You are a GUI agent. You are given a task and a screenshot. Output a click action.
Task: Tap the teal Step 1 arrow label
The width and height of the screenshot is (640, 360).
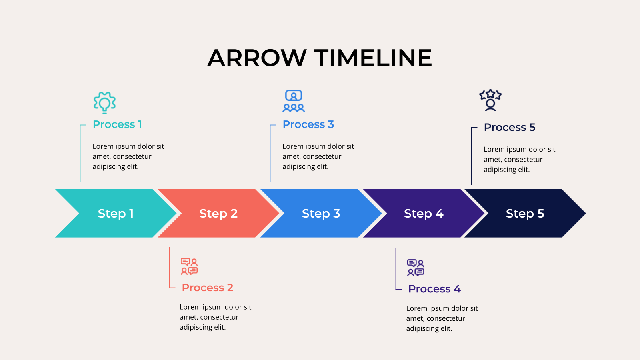116,214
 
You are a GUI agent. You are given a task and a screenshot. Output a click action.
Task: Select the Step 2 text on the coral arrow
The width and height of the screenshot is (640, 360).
218,214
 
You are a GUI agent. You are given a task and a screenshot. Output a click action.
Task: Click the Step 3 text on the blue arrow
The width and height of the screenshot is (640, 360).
321,214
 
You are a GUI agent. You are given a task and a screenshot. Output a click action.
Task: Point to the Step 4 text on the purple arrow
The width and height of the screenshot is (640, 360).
424,214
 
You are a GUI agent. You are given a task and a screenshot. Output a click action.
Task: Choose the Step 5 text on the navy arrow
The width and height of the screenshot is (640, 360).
525,214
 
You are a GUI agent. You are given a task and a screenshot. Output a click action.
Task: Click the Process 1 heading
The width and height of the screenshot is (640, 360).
117,124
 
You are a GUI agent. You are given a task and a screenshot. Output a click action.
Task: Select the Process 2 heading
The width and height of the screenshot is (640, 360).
208,288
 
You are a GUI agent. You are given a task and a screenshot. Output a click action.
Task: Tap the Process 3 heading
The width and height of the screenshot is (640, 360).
308,124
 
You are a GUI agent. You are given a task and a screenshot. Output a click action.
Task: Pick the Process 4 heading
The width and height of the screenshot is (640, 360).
434,289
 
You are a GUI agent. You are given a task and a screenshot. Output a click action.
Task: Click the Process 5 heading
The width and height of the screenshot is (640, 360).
510,127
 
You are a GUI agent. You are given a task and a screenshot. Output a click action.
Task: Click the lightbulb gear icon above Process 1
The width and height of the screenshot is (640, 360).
104,103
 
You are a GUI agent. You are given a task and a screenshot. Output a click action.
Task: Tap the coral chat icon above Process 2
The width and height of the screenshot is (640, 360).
189,266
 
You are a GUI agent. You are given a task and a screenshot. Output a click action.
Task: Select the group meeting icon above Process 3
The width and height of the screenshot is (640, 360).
294,101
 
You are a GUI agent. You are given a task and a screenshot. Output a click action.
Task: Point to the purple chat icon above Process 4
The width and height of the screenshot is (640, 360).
416,268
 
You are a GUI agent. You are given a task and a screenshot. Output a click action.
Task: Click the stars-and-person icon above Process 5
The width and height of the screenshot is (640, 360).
490,100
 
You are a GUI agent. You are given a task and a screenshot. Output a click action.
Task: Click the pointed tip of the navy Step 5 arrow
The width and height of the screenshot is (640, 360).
586,213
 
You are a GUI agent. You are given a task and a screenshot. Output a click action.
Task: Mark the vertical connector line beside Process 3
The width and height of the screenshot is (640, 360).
270,154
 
